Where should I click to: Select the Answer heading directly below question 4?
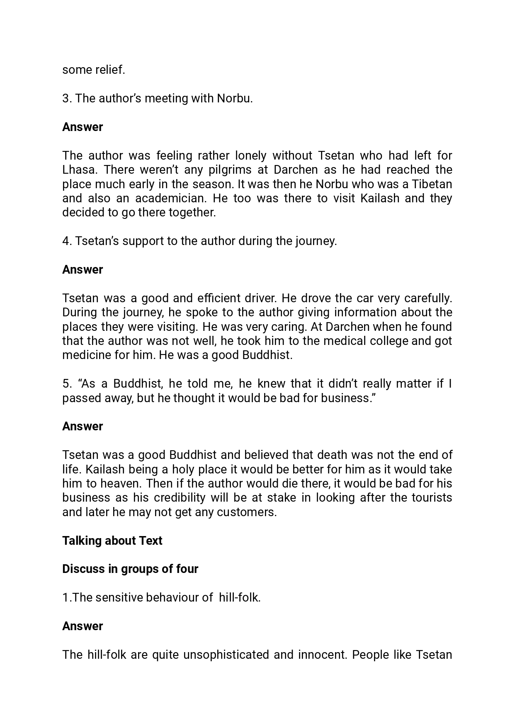pyautogui.click(x=83, y=269)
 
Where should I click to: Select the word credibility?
pyautogui.click(x=180, y=497)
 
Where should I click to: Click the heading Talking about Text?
pyautogui.click(x=112, y=541)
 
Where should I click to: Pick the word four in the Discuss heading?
pyautogui.click(x=187, y=569)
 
